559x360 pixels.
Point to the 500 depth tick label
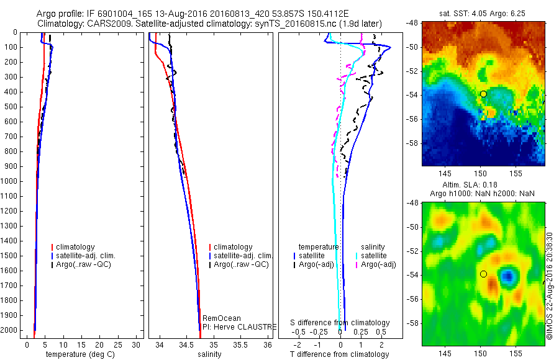click(x=11, y=107)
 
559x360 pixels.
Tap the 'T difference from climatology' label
click(x=339, y=354)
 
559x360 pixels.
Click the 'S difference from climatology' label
click(x=340, y=323)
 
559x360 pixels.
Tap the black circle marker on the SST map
click(x=483, y=94)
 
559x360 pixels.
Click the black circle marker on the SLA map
click(x=483, y=274)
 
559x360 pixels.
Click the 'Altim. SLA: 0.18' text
click(x=483, y=186)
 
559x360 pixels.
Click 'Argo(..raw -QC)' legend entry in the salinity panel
click(x=241, y=264)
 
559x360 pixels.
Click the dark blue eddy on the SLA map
click(x=508, y=276)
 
